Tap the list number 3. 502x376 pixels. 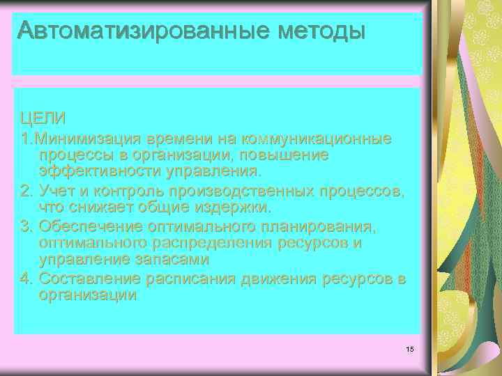pyautogui.click(x=25, y=226)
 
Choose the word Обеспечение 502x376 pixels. pyautogui.click(x=91, y=226)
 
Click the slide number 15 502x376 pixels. pyautogui.click(x=409, y=347)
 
